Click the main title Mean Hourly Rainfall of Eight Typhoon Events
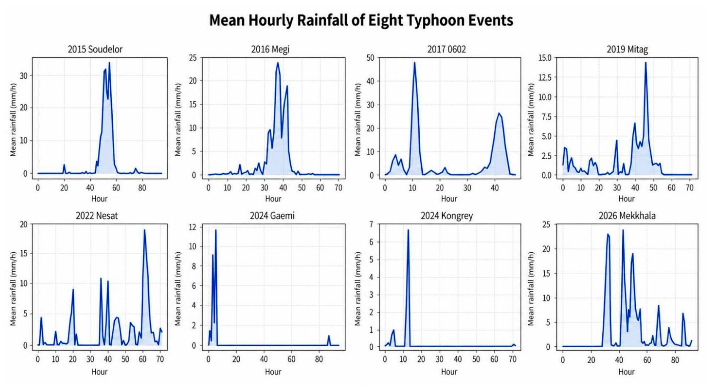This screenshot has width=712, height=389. [361, 20]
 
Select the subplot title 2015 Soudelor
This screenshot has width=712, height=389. [95, 50]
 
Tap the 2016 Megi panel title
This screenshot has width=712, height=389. [270, 50]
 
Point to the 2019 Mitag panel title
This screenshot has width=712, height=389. [627, 50]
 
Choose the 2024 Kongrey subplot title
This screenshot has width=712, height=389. [447, 215]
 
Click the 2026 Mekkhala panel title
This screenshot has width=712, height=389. [627, 215]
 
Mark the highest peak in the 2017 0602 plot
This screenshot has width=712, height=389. [415, 63]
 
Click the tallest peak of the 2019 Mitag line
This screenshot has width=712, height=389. [646, 63]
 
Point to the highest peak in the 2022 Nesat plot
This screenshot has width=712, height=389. [144, 230]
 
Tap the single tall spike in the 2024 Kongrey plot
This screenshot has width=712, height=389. [408, 230]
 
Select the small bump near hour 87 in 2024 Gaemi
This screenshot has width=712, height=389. [328, 336]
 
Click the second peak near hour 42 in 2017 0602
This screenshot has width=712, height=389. [499, 113]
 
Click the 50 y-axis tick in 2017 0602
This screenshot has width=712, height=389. [370, 58]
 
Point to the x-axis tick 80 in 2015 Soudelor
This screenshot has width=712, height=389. [142, 188]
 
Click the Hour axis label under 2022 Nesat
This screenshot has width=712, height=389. [99, 372]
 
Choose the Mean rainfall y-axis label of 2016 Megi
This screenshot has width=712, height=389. [177, 119]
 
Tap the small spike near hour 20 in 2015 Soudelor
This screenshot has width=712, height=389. [64, 165]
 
